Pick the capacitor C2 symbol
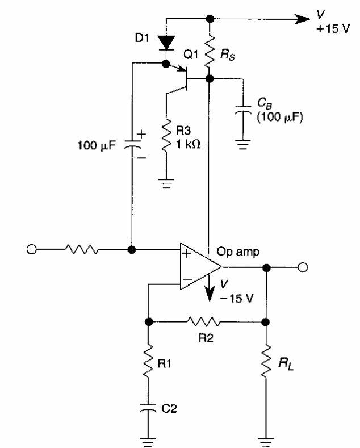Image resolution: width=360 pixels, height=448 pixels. coord(149,408)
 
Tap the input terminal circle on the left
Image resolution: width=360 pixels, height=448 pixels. coord(31,249)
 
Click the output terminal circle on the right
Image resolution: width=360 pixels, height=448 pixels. coord(303,266)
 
